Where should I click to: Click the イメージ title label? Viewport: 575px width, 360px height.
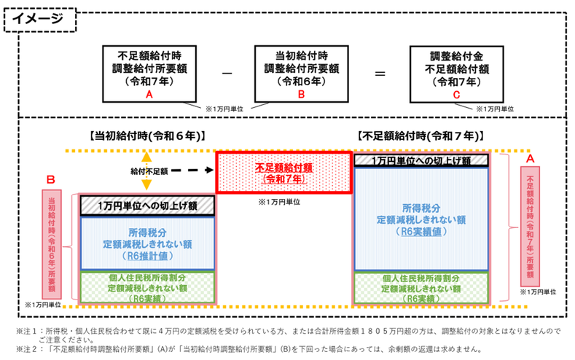pos(38,18)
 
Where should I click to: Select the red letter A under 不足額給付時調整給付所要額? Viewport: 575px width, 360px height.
pos(149,95)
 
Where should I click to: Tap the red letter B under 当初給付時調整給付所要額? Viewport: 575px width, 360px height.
pos(301,94)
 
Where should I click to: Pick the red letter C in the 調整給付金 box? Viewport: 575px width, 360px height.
pos(456,95)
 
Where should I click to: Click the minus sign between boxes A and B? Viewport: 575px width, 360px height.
pos(227,74)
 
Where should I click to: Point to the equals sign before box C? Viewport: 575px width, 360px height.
pos(380,74)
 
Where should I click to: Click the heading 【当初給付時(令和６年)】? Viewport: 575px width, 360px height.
pos(146,136)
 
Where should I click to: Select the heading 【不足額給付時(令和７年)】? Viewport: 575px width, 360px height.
pos(421,136)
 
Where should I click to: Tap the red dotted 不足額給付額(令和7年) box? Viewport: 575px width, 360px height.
pos(283,172)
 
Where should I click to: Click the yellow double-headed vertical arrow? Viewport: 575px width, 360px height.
pos(146,171)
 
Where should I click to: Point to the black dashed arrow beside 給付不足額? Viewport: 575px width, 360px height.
pos(192,170)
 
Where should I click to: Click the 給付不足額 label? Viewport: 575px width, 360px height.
pos(149,171)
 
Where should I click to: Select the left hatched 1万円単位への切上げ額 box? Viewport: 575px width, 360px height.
pos(147,206)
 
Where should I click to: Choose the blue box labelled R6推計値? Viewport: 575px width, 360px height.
pos(147,244)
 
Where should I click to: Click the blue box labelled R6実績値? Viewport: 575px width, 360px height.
pos(421,219)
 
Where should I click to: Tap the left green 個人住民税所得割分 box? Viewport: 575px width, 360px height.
pos(147,287)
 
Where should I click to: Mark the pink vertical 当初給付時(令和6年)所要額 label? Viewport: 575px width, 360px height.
pos(52,244)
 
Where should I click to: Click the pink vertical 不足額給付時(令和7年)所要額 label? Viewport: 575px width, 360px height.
pos(531,227)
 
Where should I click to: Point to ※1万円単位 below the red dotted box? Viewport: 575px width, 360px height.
pos(279,202)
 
